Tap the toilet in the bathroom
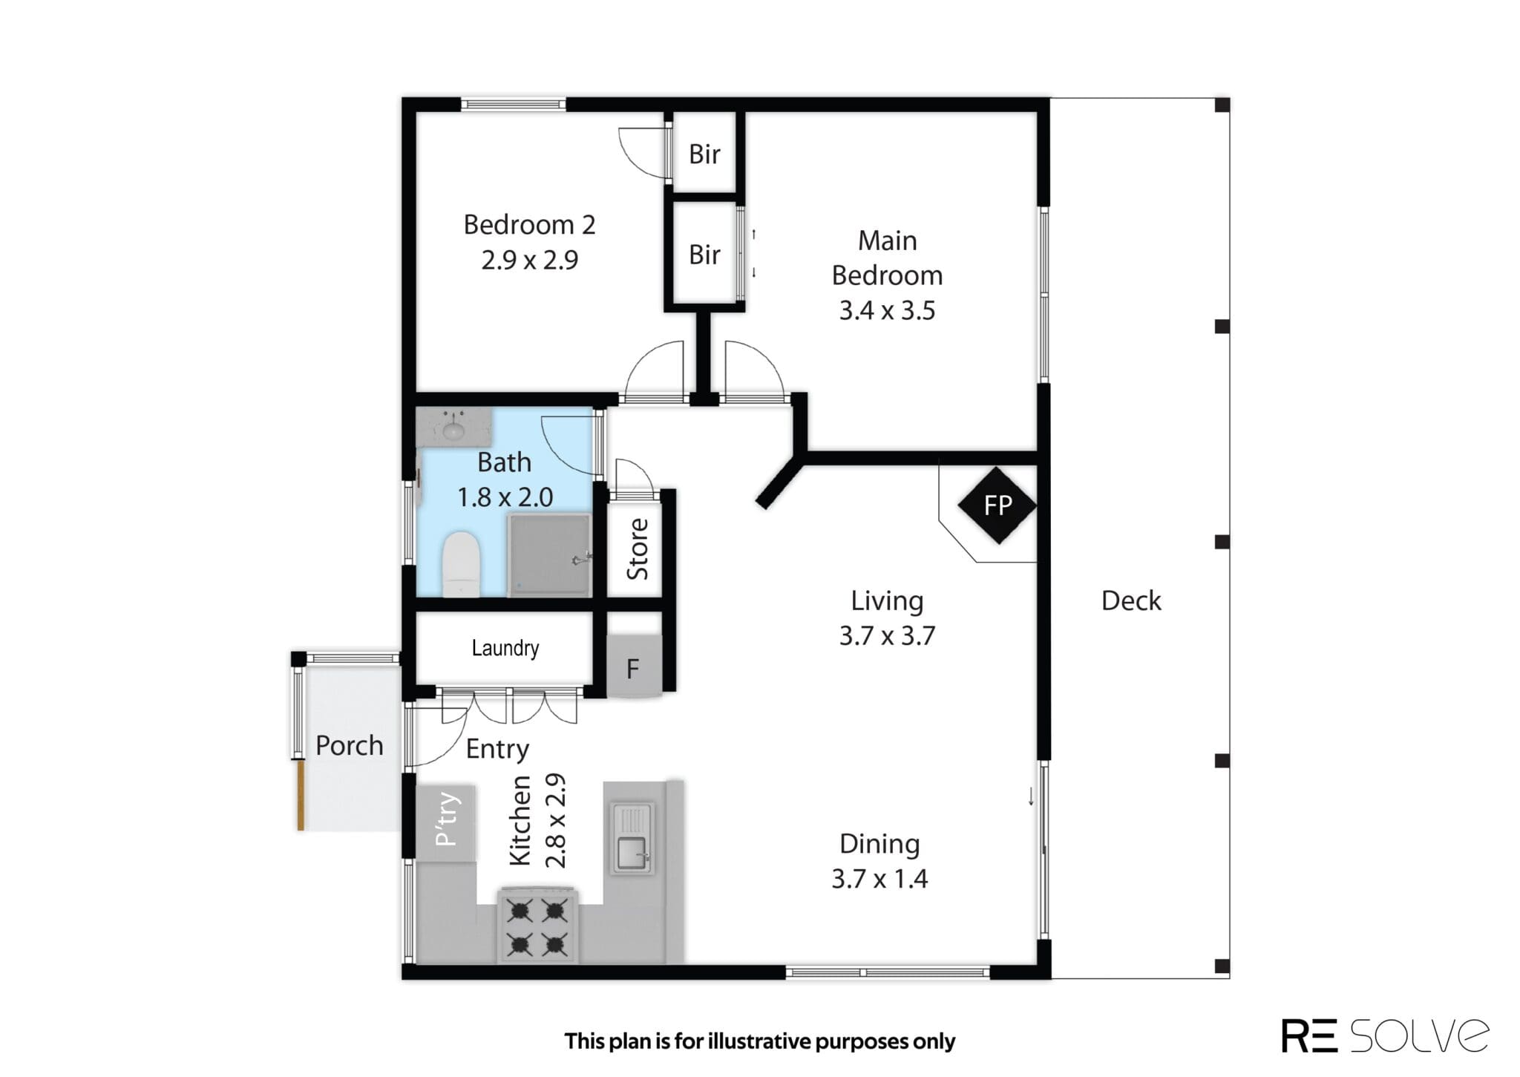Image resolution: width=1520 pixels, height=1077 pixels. click(461, 564)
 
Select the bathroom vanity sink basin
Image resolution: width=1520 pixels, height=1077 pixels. click(452, 429)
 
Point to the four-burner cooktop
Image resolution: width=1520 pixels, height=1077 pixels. click(537, 926)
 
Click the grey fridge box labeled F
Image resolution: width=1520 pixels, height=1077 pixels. click(634, 667)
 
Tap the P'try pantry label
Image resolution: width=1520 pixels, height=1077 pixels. click(447, 819)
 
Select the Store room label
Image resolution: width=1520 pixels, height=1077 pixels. click(638, 549)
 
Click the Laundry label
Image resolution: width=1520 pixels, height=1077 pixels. click(505, 648)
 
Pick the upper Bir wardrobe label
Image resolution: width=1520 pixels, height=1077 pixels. click(704, 154)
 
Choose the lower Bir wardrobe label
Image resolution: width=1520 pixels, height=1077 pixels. click(704, 255)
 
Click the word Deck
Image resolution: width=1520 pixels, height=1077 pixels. click(1130, 600)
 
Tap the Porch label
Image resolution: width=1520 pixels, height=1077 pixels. click(349, 745)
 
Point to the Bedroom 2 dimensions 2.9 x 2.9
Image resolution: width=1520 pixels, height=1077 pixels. click(529, 261)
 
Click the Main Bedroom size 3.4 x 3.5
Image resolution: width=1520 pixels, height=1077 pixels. click(887, 310)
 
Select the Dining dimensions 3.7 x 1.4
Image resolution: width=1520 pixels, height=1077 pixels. click(879, 879)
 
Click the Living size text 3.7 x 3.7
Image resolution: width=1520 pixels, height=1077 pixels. click(887, 636)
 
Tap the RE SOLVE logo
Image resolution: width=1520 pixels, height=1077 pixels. click(1384, 1036)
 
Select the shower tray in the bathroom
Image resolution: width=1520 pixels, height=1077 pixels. click(549, 555)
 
